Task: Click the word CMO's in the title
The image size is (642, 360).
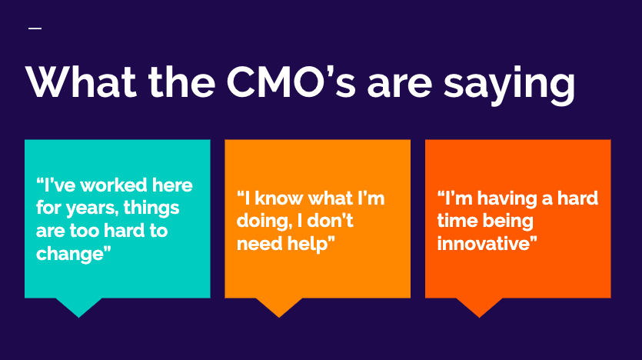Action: point(291,82)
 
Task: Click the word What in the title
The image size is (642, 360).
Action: point(81,82)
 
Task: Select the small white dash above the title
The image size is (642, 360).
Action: point(35,28)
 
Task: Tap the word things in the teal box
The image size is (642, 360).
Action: point(151,208)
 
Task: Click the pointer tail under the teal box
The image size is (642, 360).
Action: point(78,307)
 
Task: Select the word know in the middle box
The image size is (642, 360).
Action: point(279,198)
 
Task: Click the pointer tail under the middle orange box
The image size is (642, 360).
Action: point(279,307)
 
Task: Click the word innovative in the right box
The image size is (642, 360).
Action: point(487,244)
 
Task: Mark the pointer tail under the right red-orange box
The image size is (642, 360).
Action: point(480,307)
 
